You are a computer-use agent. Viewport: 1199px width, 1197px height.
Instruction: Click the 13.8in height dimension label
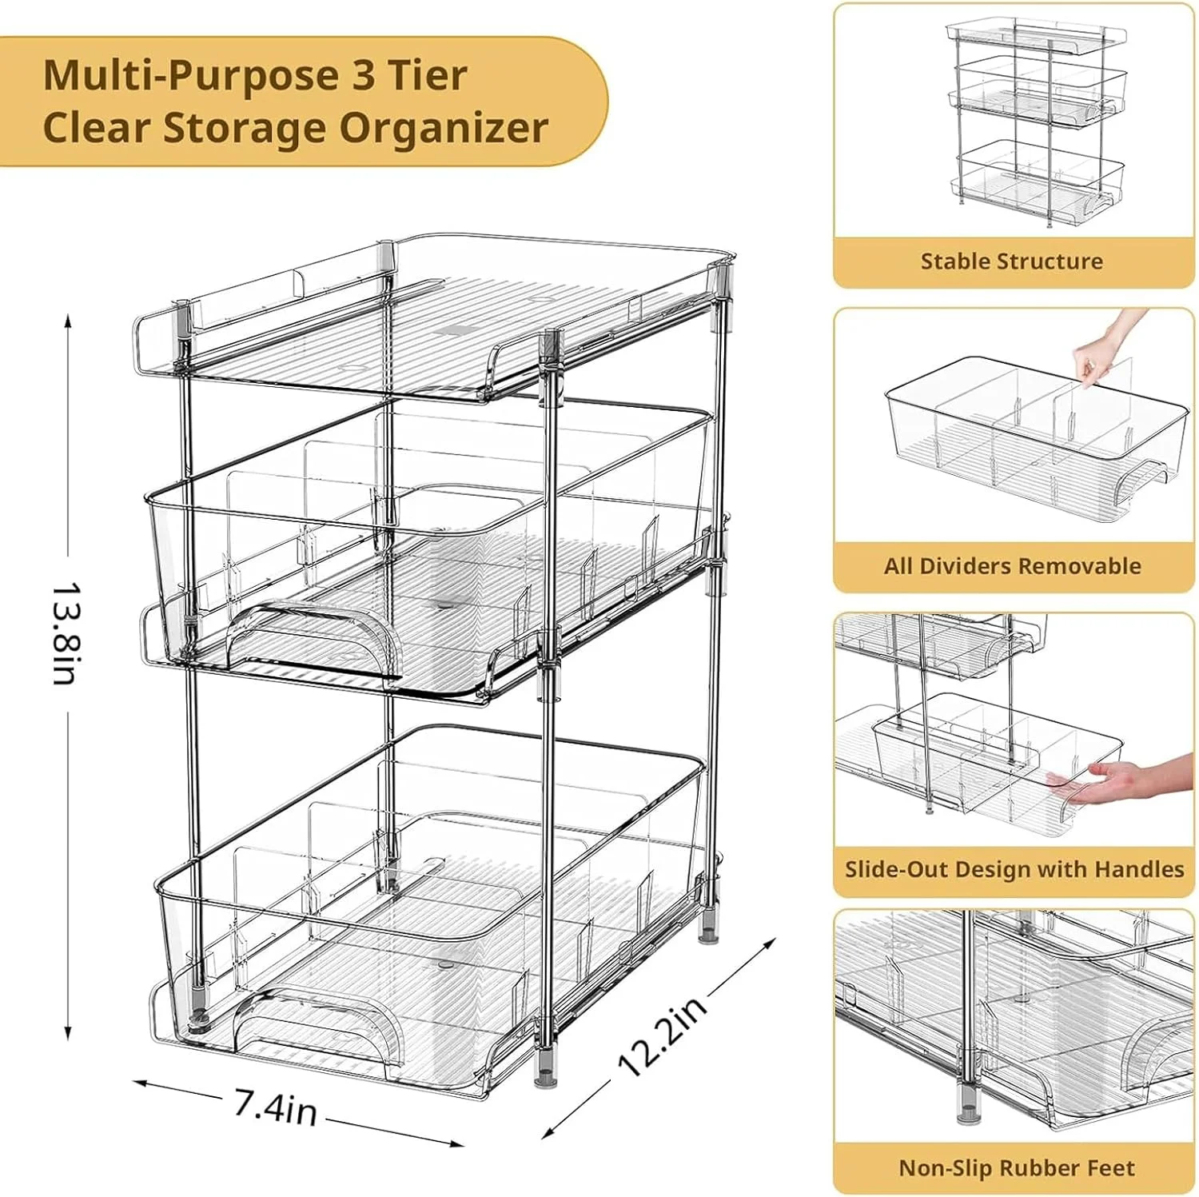click(x=64, y=633)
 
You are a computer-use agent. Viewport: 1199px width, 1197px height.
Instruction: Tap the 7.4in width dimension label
click(x=276, y=1107)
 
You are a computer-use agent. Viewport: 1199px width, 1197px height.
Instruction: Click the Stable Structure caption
click(x=1011, y=261)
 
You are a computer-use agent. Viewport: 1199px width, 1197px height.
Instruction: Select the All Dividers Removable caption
click(x=1012, y=566)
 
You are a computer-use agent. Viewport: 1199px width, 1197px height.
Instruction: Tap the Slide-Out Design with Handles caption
click(x=1014, y=869)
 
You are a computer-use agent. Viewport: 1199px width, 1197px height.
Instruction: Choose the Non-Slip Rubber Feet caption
click(x=1016, y=1168)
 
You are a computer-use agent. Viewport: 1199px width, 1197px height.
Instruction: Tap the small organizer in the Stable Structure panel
click(x=1037, y=120)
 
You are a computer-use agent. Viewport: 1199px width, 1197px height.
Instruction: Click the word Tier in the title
click(x=428, y=77)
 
